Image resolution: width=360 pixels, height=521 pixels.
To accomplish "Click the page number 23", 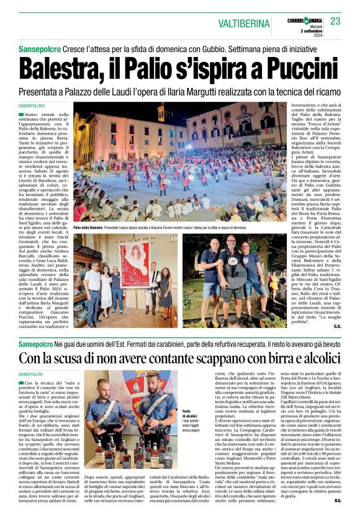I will tap(335, 21).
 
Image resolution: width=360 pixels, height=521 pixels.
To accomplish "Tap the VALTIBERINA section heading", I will tap(244, 24).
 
